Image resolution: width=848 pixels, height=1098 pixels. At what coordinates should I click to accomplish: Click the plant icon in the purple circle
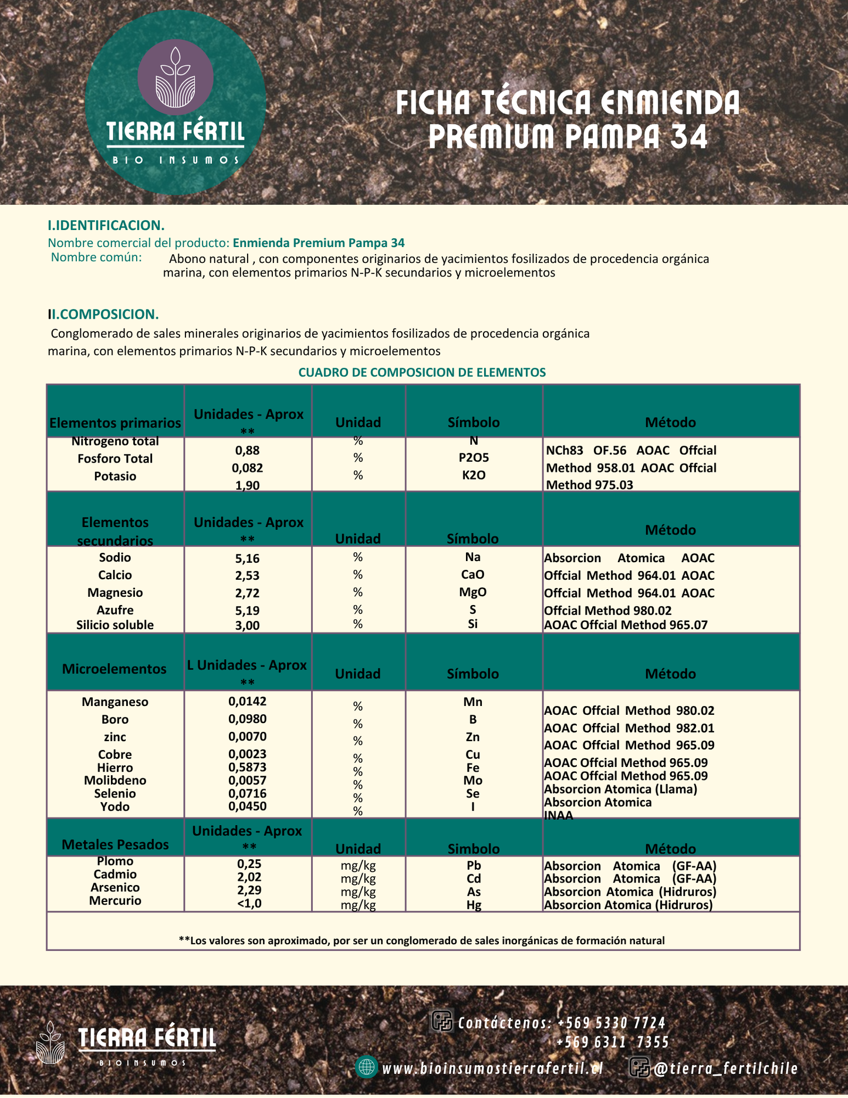point(175,77)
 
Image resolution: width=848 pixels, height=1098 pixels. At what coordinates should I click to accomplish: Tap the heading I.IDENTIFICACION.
point(106,225)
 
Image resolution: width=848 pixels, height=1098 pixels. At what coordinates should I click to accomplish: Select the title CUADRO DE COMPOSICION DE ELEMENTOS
point(422,372)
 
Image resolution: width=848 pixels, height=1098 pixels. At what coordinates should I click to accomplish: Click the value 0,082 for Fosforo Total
point(247,468)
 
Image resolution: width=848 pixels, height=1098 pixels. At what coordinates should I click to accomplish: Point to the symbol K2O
point(474,475)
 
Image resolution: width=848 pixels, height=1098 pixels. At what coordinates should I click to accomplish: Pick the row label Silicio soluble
point(115,625)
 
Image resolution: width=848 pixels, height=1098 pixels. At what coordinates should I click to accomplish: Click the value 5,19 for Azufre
point(247,610)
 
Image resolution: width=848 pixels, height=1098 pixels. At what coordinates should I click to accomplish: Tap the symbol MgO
point(473,592)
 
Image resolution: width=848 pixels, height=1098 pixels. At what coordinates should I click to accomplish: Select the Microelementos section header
point(114,669)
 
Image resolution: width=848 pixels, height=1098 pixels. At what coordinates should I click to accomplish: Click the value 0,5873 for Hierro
point(247,767)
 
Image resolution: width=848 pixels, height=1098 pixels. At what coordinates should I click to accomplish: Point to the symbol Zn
point(473,737)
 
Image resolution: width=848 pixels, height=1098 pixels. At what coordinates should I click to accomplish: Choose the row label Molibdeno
point(115,781)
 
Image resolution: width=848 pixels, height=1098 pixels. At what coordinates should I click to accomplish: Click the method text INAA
point(559,815)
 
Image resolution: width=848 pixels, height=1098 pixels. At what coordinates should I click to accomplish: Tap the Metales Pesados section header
point(115,844)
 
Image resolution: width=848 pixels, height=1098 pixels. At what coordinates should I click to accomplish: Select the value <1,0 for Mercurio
point(249,903)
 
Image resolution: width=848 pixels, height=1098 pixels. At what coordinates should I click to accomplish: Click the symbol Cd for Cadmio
point(474,879)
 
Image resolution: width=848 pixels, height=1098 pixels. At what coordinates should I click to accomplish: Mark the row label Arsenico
point(115,887)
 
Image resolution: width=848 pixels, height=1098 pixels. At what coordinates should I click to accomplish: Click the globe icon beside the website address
point(367,1066)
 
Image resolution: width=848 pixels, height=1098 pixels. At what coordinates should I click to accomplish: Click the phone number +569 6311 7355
point(613,1042)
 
